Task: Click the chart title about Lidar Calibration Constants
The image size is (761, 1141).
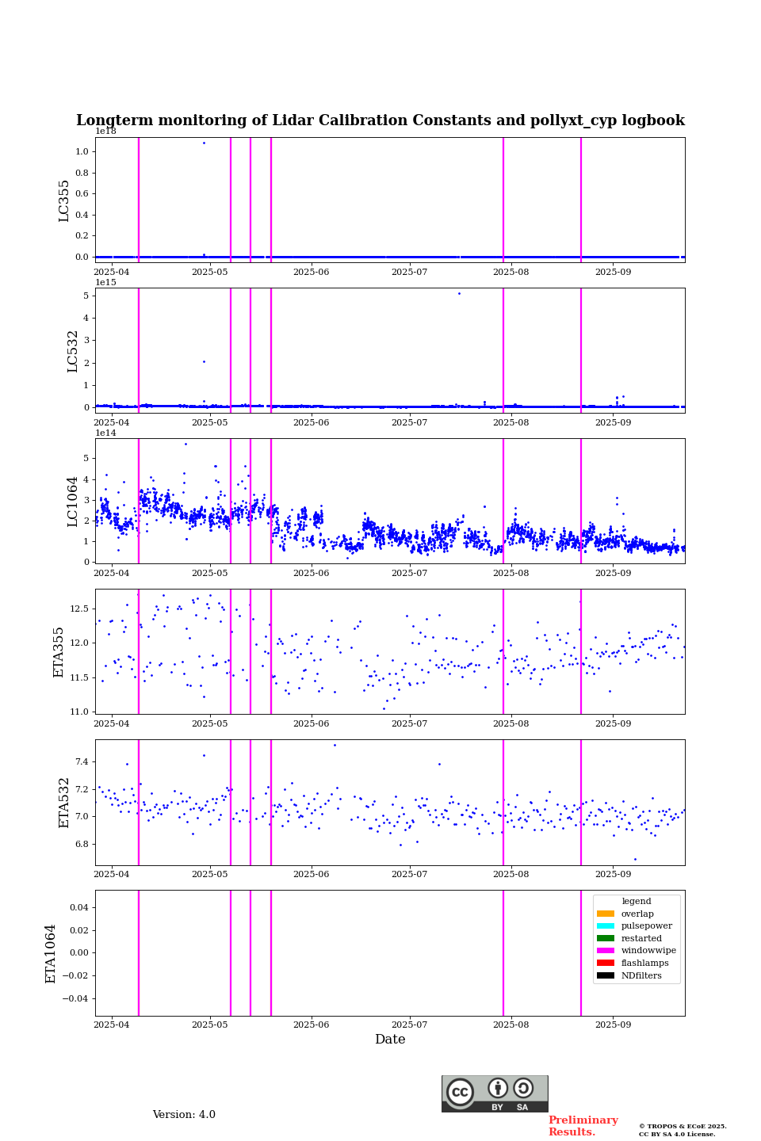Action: (x=380, y=120)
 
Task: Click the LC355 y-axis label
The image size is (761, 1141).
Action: (x=64, y=200)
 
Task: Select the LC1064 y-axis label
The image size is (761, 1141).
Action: (x=73, y=501)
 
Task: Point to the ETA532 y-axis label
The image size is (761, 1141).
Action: (x=64, y=803)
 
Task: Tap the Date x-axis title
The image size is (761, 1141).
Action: (x=390, y=1040)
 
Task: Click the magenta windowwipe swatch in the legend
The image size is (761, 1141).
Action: (x=606, y=951)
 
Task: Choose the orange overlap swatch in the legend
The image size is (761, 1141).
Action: (x=606, y=914)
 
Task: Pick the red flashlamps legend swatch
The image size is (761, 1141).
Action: (x=606, y=964)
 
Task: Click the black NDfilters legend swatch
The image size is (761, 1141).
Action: (x=606, y=975)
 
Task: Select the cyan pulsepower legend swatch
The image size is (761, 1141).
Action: (x=606, y=926)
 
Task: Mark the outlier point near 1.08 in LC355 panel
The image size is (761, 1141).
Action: (x=204, y=143)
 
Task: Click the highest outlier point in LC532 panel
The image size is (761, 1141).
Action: (x=458, y=294)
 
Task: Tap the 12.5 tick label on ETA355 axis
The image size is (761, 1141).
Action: (x=79, y=609)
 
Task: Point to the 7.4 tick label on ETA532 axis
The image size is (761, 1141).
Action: (x=82, y=761)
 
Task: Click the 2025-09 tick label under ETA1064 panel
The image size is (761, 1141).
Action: (x=613, y=1025)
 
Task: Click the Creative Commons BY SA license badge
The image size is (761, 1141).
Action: (x=495, y=1093)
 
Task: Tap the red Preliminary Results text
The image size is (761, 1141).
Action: (x=583, y=1126)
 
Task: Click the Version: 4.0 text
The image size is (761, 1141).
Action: (x=184, y=1115)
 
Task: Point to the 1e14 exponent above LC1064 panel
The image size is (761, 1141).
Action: (x=105, y=433)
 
